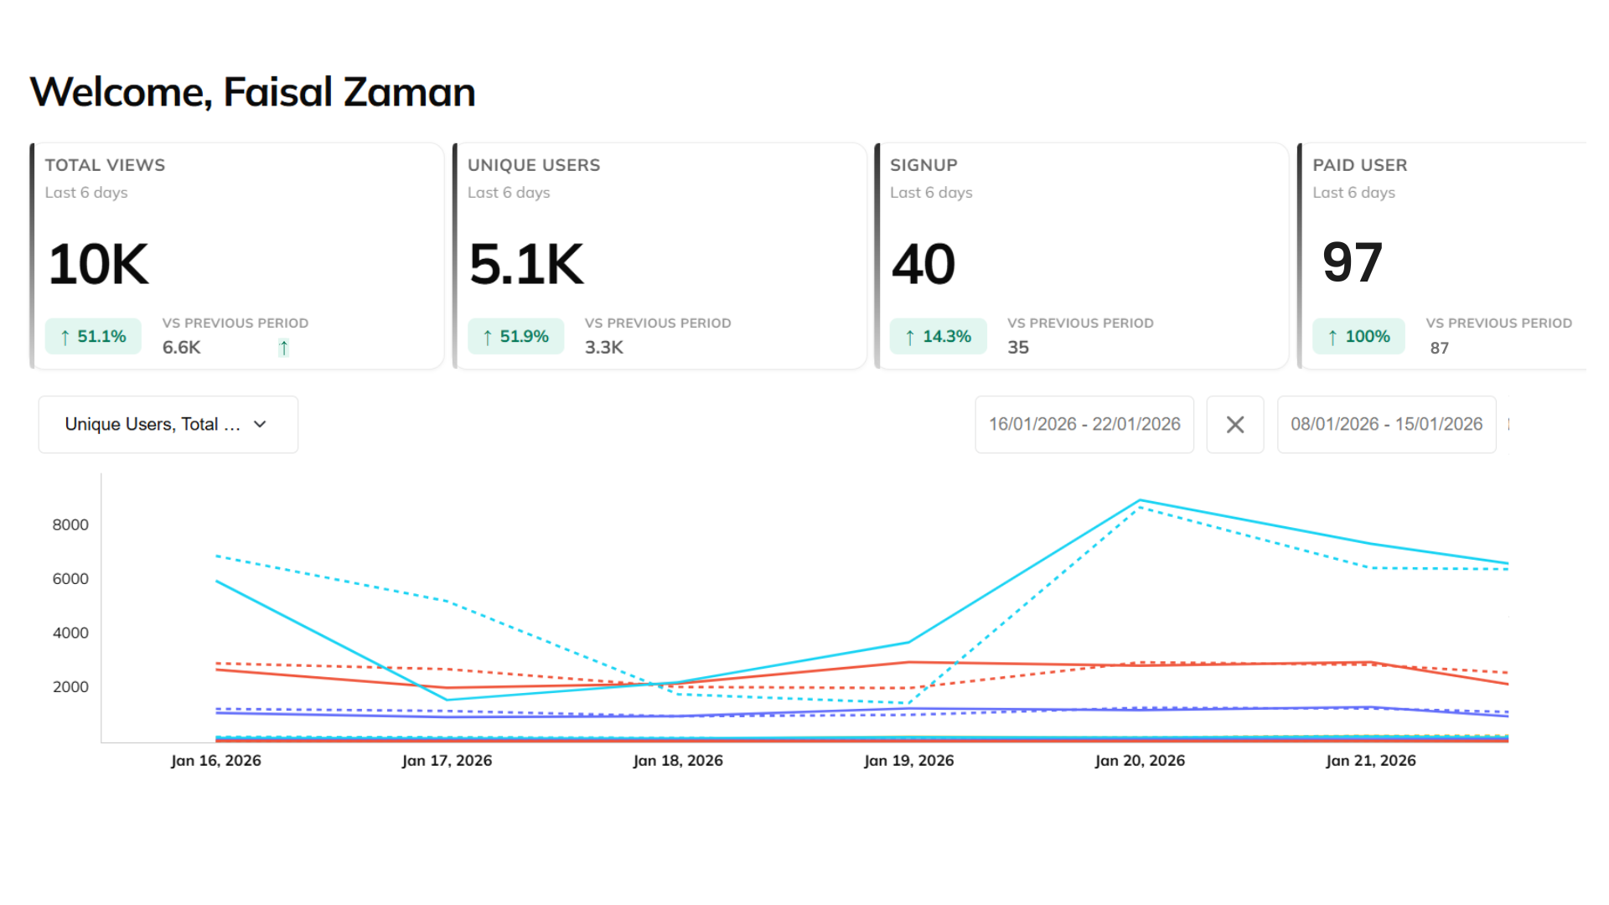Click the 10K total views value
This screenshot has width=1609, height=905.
99,265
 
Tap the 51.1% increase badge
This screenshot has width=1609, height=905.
93,337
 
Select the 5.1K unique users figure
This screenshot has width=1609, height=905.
526,265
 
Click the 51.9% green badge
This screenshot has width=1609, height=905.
515,337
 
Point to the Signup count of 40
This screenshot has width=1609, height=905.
923,265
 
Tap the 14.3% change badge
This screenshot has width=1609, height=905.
938,337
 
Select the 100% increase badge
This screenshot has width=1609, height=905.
1358,337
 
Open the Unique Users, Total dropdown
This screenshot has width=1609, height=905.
168,425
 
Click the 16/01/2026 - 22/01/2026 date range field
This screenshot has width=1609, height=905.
1084,425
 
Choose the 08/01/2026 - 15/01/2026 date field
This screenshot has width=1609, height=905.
1386,425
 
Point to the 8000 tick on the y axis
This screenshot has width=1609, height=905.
70,525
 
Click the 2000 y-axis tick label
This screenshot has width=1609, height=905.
70,687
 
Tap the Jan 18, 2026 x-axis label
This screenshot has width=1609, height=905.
677,761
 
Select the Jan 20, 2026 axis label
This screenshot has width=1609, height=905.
1140,761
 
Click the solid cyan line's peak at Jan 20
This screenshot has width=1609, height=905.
1140,501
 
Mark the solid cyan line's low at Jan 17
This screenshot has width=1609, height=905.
448,700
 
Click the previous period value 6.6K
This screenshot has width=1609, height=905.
181,348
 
